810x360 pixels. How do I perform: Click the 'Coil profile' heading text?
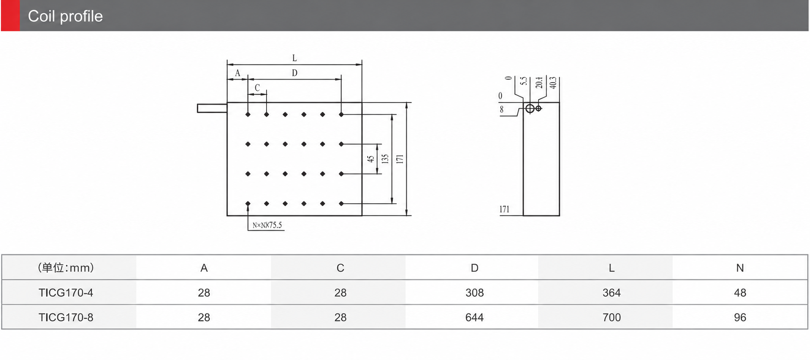tap(65, 16)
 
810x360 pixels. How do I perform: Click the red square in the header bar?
tap(10, 16)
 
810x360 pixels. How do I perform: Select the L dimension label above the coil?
tap(295, 58)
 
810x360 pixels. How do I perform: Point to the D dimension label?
tap(295, 73)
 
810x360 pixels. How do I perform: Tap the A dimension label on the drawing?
tap(237, 73)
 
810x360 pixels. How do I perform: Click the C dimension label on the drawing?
tap(257, 88)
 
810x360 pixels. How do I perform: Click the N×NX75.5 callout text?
tap(267, 225)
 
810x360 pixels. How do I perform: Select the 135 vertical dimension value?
tap(385, 159)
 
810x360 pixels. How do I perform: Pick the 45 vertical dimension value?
tap(371, 159)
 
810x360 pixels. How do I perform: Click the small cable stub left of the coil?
tap(212, 109)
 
